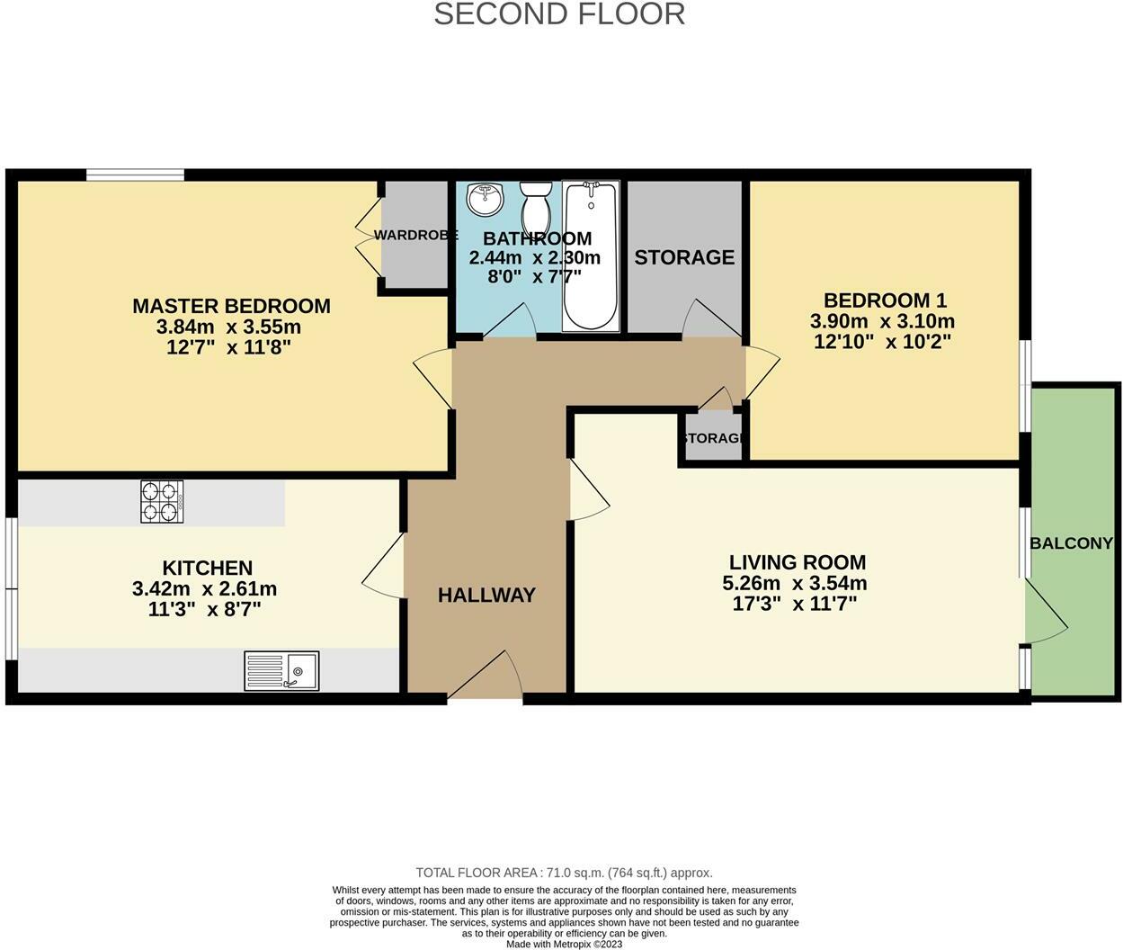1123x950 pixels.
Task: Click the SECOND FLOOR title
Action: pyautogui.click(x=559, y=14)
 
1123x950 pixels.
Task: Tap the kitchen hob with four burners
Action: pyautogui.click(x=162, y=502)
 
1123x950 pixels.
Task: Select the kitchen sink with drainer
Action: pyautogui.click(x=281, y=671)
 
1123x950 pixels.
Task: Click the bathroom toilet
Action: pyautogui.click(x=538, y=207)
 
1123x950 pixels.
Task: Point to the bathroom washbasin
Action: pyautogui.click(x=486, y=198)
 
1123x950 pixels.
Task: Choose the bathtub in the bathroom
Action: pyautogui.click(x=591, y=256)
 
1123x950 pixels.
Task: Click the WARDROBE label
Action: pyautogui.click(x=415, y=235)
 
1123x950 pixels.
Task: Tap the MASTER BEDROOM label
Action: pyautogui.click(x=231, y=306)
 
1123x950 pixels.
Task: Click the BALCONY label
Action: pyautogui.click(x=1071, y=543)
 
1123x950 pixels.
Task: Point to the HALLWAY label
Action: pyautogui.click(x=486, y=595)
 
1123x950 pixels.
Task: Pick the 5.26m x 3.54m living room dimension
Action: pyautogui.click(x=795, y=583)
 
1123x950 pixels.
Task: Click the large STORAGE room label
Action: pyautogui.click(x=684, y=257)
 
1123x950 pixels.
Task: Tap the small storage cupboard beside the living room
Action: pyautogui.click(x=713, y=438)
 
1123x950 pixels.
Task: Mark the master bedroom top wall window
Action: pyautogui.click(x=135, y=175)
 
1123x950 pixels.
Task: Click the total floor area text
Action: pyautogui.click(x=564, y=873)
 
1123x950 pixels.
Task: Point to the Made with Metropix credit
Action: pyautogui.click(x=564, y=944)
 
